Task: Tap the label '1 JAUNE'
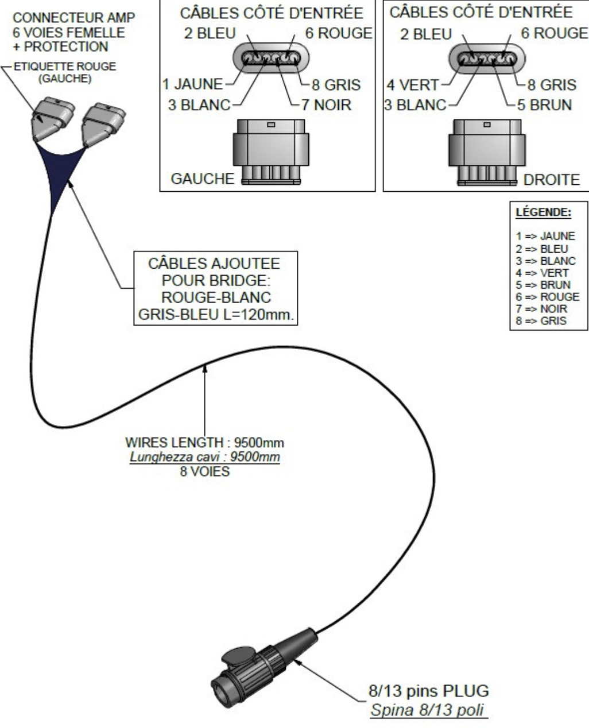(193, 84)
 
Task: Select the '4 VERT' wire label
(412, 85)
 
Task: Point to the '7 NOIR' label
(326, 104)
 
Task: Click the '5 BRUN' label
(545, 104)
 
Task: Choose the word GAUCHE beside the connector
(203, 179)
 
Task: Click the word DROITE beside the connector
(552, 180)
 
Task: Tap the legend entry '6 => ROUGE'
(548, 296)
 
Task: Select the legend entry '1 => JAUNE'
(545, 236)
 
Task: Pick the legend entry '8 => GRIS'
(541, 320)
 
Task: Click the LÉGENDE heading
(543, 212)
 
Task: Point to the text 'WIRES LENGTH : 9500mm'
(204, 443)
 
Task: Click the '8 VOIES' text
(205, 471)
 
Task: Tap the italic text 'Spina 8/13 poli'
(427, 710)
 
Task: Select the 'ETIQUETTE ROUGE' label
(65, 66)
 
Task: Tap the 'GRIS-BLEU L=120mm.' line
(216, 315)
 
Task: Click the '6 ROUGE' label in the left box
(339, 33)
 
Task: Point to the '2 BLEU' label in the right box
(426, 34)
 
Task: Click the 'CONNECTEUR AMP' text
(74, 17)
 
